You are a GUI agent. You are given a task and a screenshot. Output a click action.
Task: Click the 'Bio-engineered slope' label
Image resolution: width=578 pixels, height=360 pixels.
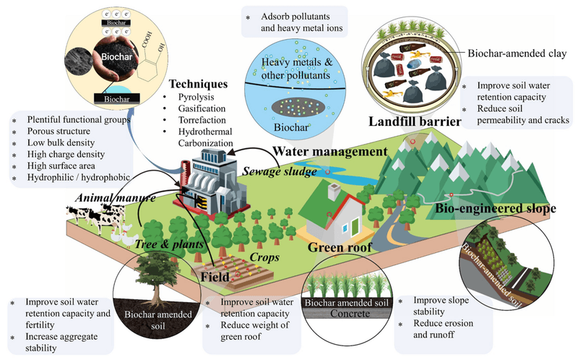(496, 209)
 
